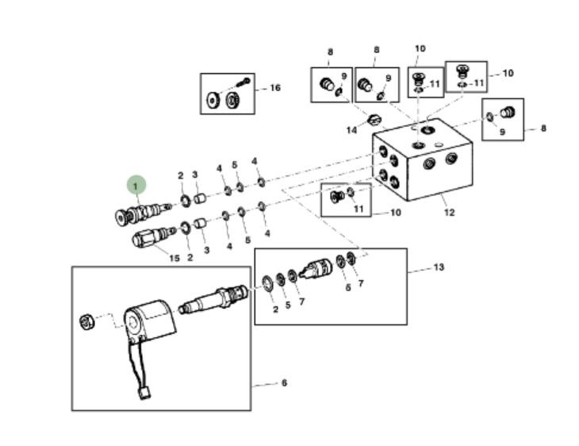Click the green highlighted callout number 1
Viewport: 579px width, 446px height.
point(136,186)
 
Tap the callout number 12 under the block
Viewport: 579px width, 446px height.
point(449,212)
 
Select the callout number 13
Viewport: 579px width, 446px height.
point(439,267)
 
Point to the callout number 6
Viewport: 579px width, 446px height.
point(283,383)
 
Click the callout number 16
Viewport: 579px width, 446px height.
point(274,87)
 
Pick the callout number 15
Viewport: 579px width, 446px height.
point(174,257)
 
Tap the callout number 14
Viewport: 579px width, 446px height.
point(351,130)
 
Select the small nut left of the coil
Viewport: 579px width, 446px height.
point(88,321)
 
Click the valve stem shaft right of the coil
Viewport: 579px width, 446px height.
point(213,301)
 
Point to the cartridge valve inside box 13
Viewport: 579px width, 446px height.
point(317,270)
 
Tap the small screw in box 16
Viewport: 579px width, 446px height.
point(243,82)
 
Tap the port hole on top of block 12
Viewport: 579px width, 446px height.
point(428,128)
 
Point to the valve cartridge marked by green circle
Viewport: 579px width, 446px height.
point(140,213)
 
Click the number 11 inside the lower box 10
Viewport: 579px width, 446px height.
point(359,209)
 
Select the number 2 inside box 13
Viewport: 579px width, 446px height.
point(275,310)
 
